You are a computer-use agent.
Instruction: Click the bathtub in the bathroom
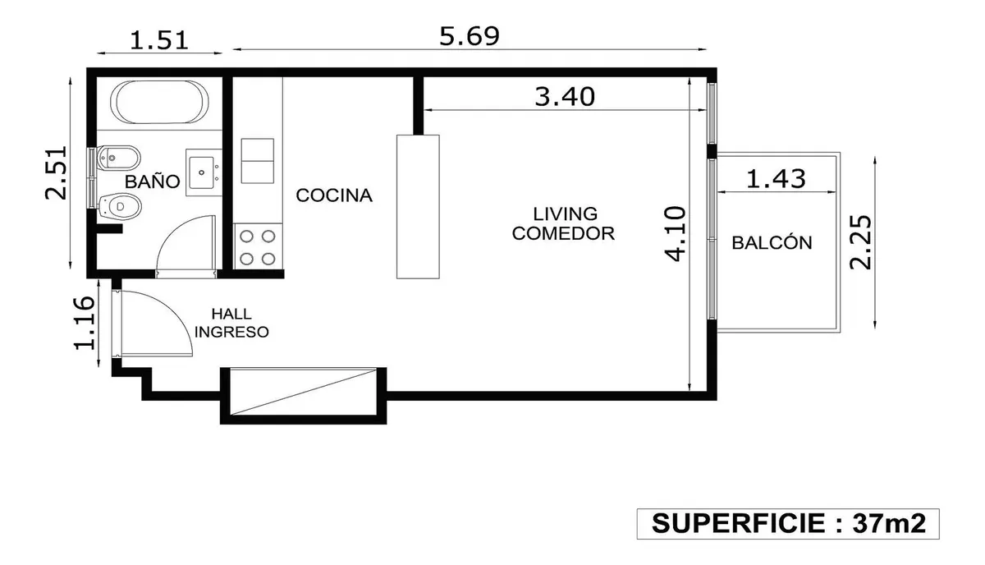point(159,102)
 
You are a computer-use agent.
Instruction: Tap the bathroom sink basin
point(202,172)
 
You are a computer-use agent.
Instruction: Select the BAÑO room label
point(152,181)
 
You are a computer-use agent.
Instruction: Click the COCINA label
point(334,195)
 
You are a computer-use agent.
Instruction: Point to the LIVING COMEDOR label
point(563,223)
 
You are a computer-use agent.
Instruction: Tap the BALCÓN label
point(772,242)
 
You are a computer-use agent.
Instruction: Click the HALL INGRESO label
point(231,323)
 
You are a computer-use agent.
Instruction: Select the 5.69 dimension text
point(470,36)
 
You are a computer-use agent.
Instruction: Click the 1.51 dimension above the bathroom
point(159,40)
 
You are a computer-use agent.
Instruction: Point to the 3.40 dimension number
point(565,97)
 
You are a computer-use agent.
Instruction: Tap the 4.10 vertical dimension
point(675,234)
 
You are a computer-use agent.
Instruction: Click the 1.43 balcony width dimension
point(777,179)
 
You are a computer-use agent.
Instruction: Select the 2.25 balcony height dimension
point(860,242)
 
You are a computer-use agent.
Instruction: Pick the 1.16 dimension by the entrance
point(84,323)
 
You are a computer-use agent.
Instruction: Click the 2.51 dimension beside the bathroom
point(57,172)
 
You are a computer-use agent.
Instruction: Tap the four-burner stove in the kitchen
point(258,247)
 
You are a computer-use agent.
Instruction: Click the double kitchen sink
point(257,161)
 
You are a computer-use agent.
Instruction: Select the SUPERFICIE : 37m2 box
point(788,524)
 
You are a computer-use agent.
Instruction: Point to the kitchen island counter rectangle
point(418,207)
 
